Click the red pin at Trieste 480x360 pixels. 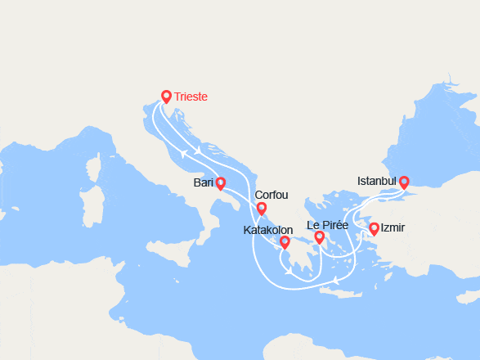point(166,96)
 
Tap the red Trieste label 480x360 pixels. point(191,97)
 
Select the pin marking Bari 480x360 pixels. point(221,182)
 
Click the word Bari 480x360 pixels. point(204,182)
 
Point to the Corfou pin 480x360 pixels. point(262,209)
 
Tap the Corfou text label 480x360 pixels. point(271,196)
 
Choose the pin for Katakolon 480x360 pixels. point(285,241)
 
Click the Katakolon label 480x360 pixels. point(268,231)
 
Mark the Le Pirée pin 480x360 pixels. point(319,237)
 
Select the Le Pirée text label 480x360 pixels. point(327,225)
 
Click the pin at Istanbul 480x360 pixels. point(403,181)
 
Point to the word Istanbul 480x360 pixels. point(377,181)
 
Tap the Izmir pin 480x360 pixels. point(374,228)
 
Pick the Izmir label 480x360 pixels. point(393,228)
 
